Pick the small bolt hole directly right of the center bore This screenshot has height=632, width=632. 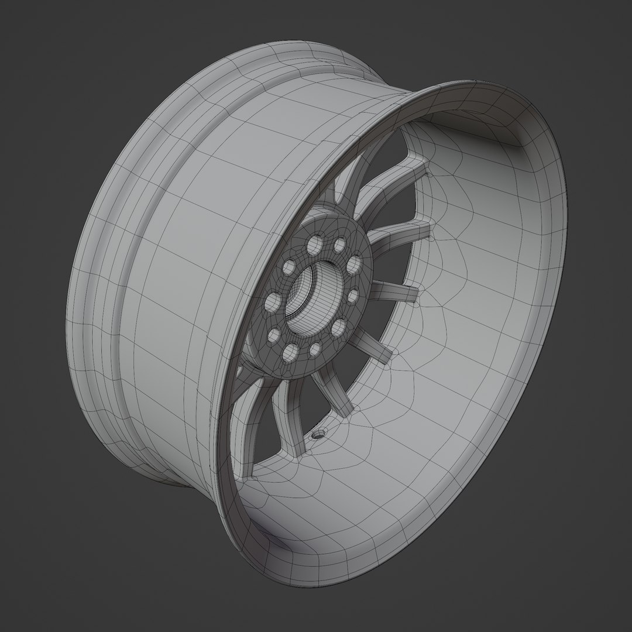point(352,297)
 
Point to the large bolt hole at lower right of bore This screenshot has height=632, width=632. point(338,328)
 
